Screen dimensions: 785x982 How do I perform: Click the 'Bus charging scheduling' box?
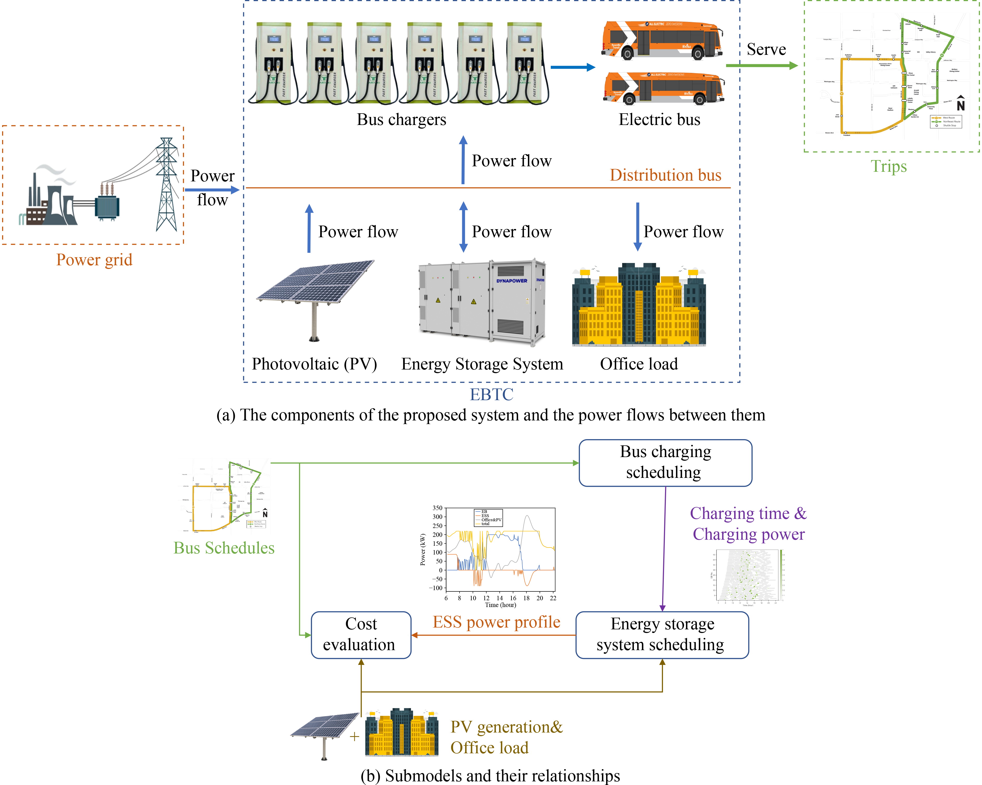[665, 463]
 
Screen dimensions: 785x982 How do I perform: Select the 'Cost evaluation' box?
[361, 634]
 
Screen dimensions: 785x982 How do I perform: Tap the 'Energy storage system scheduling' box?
[662, 634]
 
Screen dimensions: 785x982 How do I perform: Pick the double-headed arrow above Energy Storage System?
[463, 227]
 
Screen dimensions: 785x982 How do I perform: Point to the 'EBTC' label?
[492, 394]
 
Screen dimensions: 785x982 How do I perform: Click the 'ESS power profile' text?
[496, 622]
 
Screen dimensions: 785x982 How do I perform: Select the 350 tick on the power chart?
[437, 508]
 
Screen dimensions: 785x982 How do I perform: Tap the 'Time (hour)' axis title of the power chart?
[500, 605]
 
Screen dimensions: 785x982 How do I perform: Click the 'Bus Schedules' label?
[224, 548]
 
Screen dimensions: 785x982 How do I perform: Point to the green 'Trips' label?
[888, 166]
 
